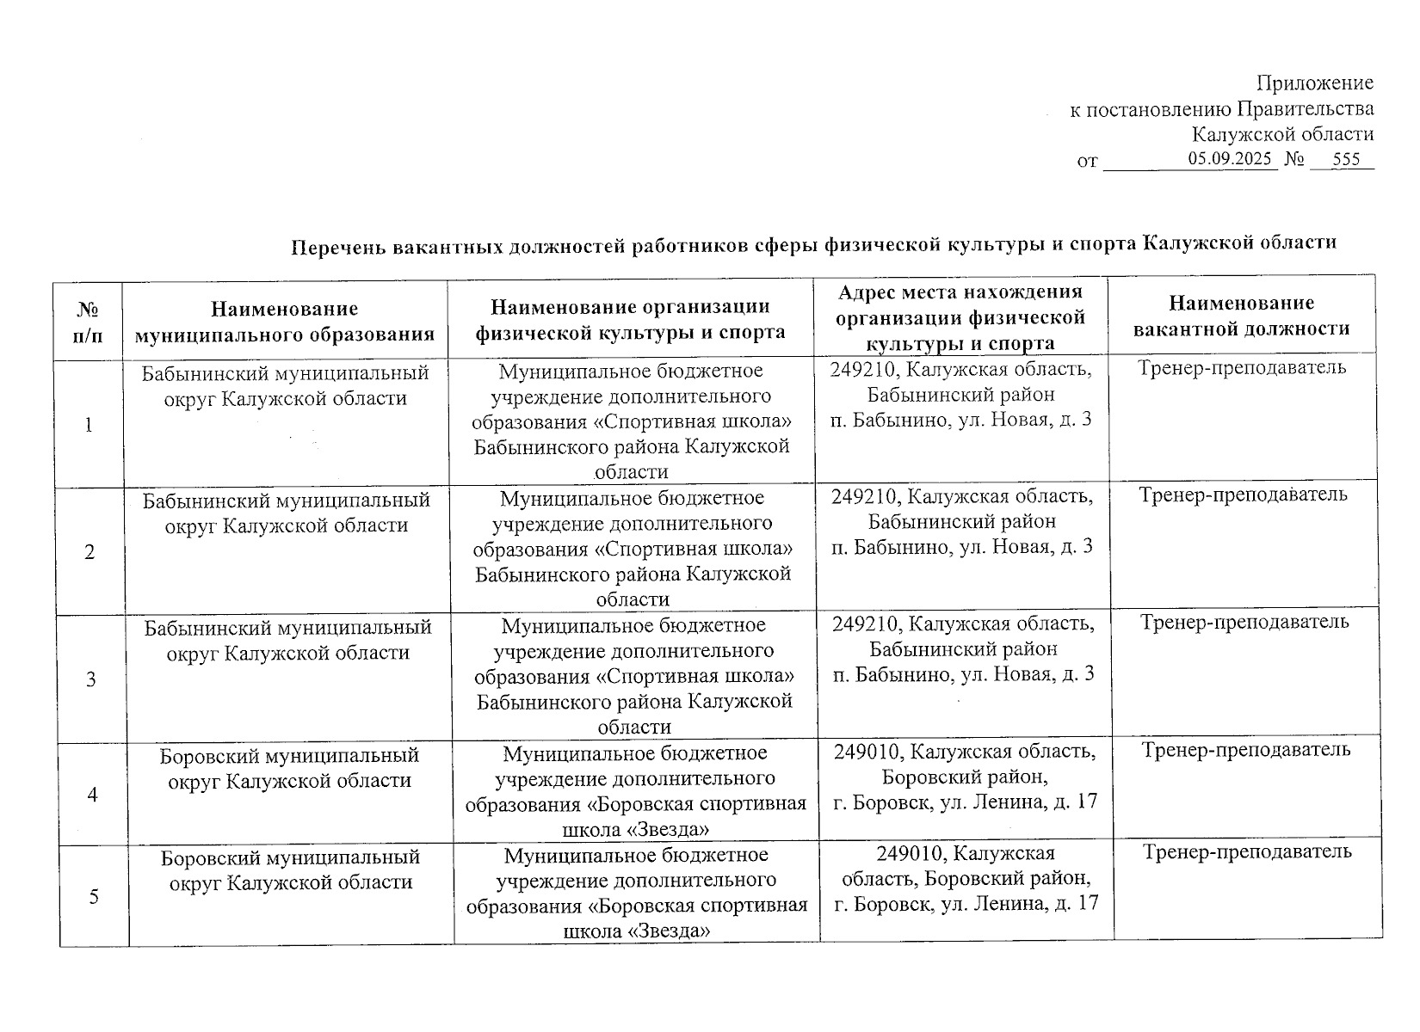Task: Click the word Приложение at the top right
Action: pyautogui.click(x=1314, y=83)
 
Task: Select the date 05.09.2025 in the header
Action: pyautogui.click(x=1232, y=159)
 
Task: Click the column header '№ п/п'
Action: pyautogui.click(x=88, y=321)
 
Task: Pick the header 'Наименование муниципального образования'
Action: pyautogui.click(x=285, y=321)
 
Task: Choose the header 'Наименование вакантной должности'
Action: pyautogui.click(x=1241, y=316)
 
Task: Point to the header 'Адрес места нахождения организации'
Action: pyautogui.click(x=960, y=317)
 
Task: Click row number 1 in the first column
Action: pyautogui.click(x=89, y=425)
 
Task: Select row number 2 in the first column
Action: pyautogui.click(x=90, y=552)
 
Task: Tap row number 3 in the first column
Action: pyautogui.click(x=90, y=679)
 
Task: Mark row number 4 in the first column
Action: pyautogui.click(x=92, y=794)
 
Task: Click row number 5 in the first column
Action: pyautogui.click(x=94, y=896)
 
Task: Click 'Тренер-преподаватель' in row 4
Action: pyautogui.click(x=1246, y=750)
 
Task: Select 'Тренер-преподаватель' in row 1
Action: pyautogui.click(x=1243, y=368)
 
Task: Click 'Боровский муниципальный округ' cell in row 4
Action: pyautogui.click(x=290, y=768)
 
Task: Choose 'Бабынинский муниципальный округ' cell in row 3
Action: pyautogui.click(x=288, y=640)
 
